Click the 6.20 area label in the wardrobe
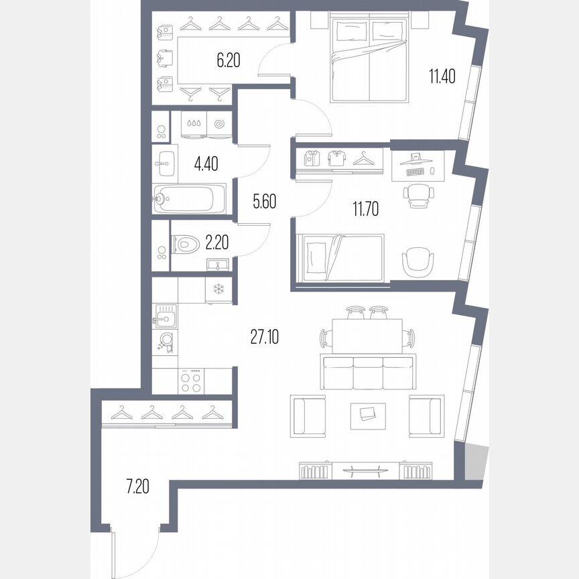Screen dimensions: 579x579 pos(228,61)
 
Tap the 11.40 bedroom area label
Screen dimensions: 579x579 pos(442,76)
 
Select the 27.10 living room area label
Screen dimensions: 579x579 pos(265,336)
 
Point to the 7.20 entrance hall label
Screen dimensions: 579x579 pos(136,485)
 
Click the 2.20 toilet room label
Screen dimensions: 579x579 pos(218,243)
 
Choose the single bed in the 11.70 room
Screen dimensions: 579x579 pos(341,258)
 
